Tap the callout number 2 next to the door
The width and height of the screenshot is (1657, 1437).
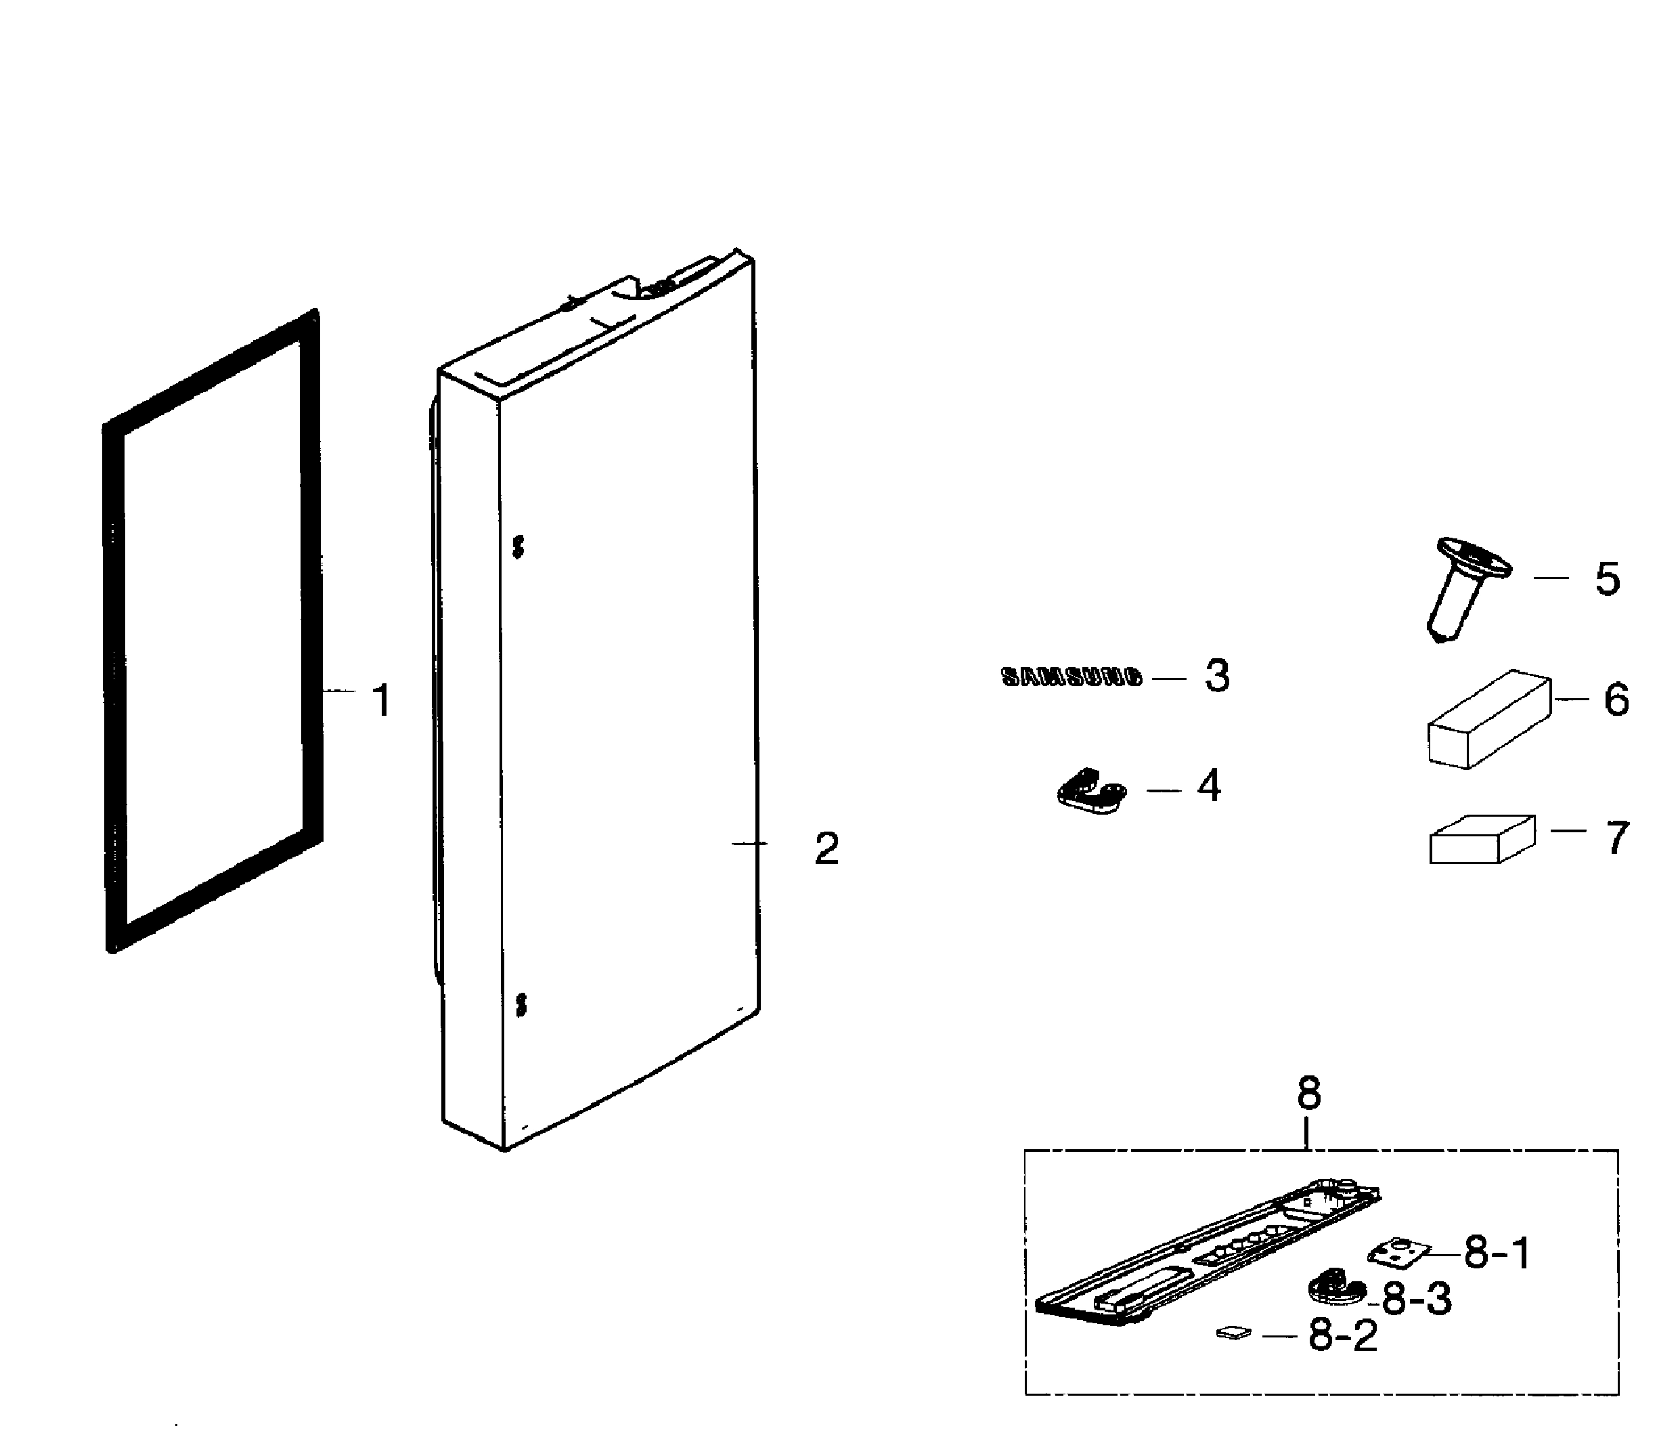point(826,849)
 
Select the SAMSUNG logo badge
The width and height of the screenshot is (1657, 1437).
point(1071,678)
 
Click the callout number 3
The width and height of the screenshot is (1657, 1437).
point(1217,676)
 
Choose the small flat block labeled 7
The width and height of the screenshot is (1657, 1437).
point(1482,839)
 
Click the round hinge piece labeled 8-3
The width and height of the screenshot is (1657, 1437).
point(1335,1290)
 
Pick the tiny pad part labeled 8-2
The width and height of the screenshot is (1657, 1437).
point(1233,1332)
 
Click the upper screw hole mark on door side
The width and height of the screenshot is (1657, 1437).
point(518,547)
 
